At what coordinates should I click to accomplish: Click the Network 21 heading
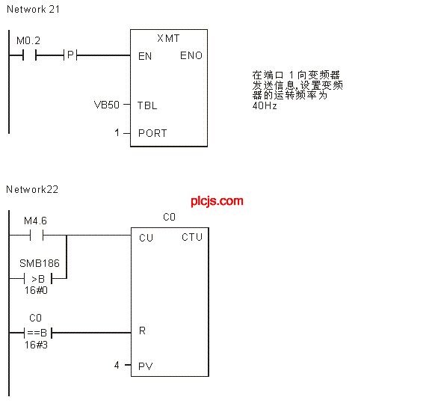[33, 9]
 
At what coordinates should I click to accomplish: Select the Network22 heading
[32, 189]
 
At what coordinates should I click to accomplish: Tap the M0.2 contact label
[28, 41]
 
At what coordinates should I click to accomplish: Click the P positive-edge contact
[70, 55]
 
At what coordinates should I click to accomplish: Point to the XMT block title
[168, 38]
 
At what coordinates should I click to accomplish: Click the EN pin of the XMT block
[145, 56]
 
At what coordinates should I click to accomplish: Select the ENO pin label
[191, 55]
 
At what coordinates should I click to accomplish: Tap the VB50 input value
[107, 105]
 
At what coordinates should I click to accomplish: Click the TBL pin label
[147, 105]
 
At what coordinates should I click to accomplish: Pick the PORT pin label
[152, 133]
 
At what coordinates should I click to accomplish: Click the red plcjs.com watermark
[217, 201]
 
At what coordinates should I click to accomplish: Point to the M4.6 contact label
[35, 221]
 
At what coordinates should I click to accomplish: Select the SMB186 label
[40, 263]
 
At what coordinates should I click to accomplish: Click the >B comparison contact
[38, 278]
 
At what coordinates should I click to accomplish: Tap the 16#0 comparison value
[36, 290]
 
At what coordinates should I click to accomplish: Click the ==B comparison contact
[38, 332]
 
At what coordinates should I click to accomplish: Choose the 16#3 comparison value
[36, 345]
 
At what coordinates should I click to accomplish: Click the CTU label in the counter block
[192, 237]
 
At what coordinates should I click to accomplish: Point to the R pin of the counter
[142, 330]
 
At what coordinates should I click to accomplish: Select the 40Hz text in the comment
[265, 105]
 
